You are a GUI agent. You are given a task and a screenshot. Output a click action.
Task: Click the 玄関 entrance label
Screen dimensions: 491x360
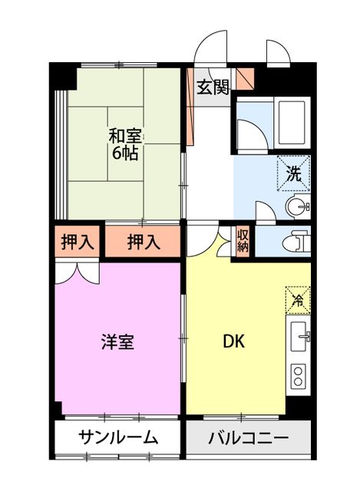(212, 87)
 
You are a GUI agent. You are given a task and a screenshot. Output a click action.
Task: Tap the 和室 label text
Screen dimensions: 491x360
(123, 137)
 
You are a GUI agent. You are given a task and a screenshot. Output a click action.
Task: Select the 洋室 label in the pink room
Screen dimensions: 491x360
(118, 342)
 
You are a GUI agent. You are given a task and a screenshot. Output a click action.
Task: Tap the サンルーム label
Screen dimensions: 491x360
(118, 439)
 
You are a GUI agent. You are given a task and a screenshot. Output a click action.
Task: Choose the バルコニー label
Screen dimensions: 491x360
(248, 440)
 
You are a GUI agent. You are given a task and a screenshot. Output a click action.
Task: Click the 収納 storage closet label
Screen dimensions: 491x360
(243, 241)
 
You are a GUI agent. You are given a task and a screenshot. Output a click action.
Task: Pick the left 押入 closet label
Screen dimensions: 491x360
(78, 242)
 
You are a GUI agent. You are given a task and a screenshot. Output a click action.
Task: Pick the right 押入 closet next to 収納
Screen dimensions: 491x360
(144, 242)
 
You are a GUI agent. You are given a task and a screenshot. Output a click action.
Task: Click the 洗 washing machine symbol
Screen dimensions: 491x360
(294, 173)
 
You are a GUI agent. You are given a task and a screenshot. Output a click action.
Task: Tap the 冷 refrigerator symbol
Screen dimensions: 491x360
(297, 299)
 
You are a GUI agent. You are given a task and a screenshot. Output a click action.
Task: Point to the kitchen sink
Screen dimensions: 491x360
(299, 334)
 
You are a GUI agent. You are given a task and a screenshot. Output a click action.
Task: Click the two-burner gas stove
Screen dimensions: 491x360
(299, 375)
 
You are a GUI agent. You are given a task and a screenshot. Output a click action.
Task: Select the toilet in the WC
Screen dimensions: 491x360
(294, 242)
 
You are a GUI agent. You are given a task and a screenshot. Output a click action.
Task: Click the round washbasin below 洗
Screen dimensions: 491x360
(298, 206)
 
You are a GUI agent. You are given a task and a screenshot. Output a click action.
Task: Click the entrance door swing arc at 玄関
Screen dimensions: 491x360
(210, 49)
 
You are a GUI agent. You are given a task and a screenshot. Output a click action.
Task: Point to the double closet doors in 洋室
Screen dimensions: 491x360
(77, 272)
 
